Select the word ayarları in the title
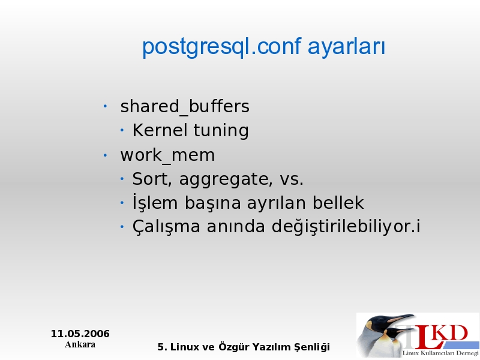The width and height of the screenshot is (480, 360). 346,47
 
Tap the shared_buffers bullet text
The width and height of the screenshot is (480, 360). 185,107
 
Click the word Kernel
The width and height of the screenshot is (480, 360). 160,130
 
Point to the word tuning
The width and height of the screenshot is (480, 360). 221,131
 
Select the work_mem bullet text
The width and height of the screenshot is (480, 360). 167,155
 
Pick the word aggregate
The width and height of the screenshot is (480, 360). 226,180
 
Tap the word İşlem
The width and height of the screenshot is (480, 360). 155,202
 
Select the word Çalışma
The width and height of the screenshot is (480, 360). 166,227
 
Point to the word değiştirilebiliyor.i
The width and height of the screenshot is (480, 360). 346,227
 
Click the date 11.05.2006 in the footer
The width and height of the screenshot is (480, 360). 80,334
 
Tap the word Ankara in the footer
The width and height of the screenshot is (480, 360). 80,344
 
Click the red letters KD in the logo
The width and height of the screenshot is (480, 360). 451,334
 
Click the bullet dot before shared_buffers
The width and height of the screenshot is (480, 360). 105,107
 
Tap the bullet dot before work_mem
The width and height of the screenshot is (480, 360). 105,155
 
